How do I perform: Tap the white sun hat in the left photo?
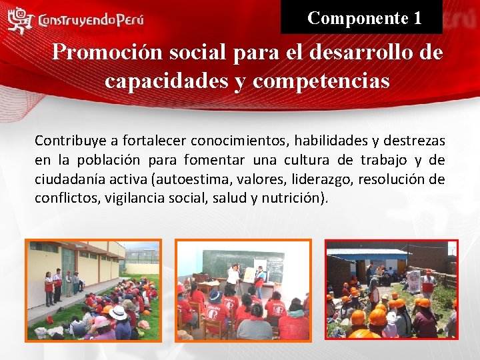(x=119, y=313)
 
